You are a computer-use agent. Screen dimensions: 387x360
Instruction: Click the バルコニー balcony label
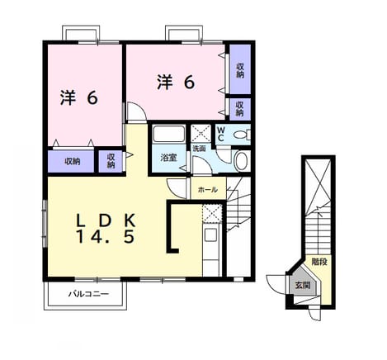(x=88, y=294)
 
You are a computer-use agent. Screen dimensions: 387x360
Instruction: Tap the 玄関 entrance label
(x=303, y=286)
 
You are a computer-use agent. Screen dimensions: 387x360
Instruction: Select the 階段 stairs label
(x=319, y=262)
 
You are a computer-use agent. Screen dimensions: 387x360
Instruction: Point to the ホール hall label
(x=208, y=190)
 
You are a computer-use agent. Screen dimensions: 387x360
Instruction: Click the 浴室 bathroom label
(x=169, y=158)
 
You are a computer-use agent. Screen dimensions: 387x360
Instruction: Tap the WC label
(x=221, y=134)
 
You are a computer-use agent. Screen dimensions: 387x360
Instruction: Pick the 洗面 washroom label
(x=199, y=149)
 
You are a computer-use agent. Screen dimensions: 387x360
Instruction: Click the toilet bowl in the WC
(x=242, y=135)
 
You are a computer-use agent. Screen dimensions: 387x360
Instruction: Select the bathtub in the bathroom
(x=168, y=134)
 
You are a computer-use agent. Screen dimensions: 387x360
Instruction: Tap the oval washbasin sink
(x=242, y=161)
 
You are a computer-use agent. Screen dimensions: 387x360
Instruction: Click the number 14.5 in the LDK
(x=106, y=236)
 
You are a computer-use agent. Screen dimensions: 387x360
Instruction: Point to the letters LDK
(x=106, y=220)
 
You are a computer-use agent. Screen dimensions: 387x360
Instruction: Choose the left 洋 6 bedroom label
(x=79, y=97)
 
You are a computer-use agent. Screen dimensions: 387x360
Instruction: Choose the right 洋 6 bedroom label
(x=176, y=82)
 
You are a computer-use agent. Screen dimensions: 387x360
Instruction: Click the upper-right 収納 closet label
(x=240, y=70)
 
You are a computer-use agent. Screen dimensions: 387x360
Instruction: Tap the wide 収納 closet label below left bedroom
(x=73, y=161)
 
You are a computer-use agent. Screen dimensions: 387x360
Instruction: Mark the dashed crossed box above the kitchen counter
(x=212, y=213)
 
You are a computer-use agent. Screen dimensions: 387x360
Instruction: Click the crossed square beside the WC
(x=201, y=134)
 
